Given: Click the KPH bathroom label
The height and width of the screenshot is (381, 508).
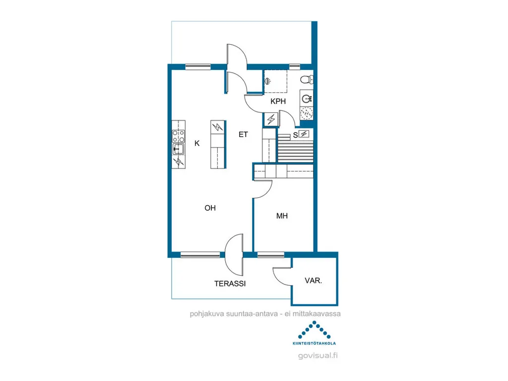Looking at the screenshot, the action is point(278,101).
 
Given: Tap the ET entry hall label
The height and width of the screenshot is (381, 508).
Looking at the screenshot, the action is point(243,134).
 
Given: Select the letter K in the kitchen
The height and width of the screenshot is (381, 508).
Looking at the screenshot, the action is point(197,143).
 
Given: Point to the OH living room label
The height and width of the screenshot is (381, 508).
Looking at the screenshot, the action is point(210,208).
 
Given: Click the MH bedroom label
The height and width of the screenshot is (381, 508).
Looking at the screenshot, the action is point(282,216).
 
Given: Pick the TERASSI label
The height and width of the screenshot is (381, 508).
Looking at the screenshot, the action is point(230,284).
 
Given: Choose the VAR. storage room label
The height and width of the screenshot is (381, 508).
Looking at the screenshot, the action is point(314,280).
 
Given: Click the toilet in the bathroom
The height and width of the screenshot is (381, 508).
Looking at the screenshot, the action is point(307,79).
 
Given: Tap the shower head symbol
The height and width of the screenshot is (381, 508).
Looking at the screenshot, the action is point(267,81).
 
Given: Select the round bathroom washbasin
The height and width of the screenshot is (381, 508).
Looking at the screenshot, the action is point(307,98).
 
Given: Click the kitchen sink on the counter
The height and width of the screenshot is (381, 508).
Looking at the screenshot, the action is point(178,150).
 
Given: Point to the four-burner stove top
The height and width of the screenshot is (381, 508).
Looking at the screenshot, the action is point(179,136).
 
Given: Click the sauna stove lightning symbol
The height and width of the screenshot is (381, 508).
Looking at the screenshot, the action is point(304,134).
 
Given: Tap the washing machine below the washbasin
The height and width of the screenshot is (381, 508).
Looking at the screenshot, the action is point(307,113).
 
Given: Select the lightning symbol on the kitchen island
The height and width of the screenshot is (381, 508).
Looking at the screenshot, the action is point(218,127).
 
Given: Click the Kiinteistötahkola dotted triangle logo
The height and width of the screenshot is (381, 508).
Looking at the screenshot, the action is point(314,330).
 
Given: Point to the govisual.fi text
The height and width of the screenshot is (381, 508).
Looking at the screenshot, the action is point(318,356).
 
